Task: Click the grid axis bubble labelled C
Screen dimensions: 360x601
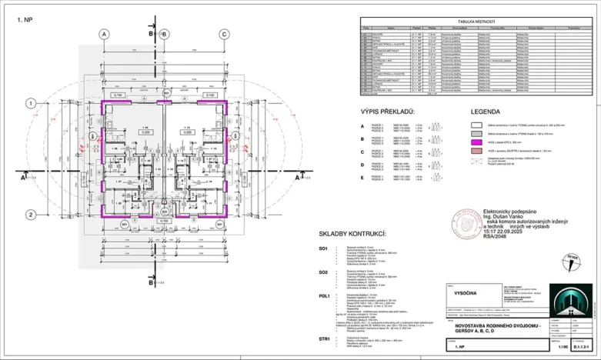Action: point(223,34)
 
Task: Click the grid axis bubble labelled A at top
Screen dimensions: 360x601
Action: point(102,34)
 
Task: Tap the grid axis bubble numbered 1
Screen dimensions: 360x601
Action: point(29,102)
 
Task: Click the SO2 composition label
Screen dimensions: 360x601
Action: point(324,272)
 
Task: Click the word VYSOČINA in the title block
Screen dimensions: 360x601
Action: point(462,292)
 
